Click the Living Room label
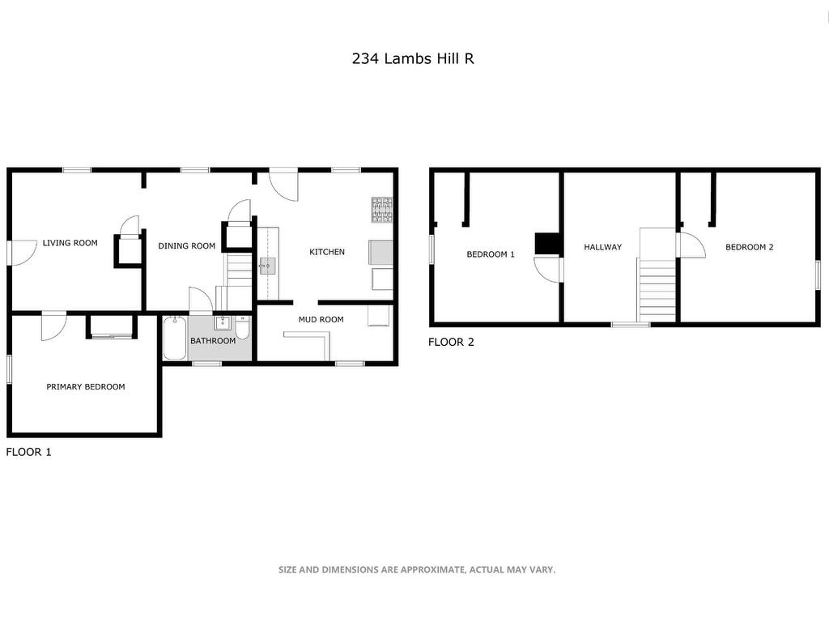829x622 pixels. click(x=70, y=243)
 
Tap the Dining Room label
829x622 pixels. click(x=187, y=245)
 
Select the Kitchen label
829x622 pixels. click(x=327, y=252)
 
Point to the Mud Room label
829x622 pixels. click(x=321, y=319)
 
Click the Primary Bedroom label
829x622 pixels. click(x=86, y=386)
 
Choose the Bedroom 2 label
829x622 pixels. click(x=749, y=247)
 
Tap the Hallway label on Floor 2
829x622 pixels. click(x=602, y=247)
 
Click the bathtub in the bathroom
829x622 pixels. click(x=175, y=338)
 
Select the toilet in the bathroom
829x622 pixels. click(x=242, y=329)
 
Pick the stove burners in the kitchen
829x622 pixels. click(x=382, y=210)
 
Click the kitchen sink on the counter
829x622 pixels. click(x=267, y=266)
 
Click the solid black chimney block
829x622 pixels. click(x=548, y=244)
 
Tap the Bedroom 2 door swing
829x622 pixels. click(x=693, y=245)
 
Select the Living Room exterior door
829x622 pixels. click(x=23, y=253)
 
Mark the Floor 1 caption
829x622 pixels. click(x=28, y=452)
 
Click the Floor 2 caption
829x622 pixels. click(x=451, y=343)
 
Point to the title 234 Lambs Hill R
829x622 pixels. click(x=413, y=58)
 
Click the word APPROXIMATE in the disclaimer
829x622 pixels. click(x=432, y=569)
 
